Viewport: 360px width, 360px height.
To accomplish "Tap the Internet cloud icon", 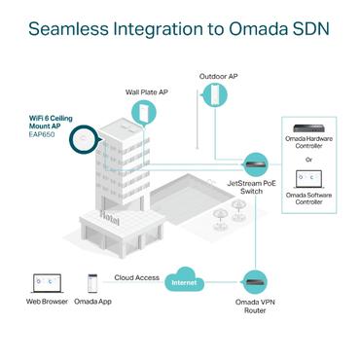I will coord(184,281).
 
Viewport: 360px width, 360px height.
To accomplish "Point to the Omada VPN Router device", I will coord(255,283).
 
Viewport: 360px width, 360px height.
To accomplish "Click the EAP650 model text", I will coord(45,136).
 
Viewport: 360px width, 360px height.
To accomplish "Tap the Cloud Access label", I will coord(136,277).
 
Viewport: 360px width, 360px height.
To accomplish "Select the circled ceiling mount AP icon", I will coord(85,138).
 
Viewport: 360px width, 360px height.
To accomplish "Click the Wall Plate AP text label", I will coord(147,92).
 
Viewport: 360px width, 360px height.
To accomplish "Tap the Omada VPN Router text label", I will coord(255,306).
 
